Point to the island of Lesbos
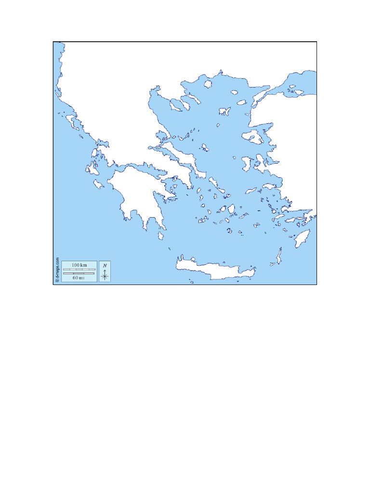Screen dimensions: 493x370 pyautogui.click(x=252, y=137)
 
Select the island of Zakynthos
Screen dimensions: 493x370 pyautogui.click(x=99, y=184)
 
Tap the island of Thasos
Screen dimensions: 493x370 pyautogui.click(x=208, y=84)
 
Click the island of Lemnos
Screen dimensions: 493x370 pyautogui.click(x=225, y=111)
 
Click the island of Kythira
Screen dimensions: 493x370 pyautogui.click(x=161, y=235)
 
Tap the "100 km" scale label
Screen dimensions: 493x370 pyautogui.click(x=79, y=265)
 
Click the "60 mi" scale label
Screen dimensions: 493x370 pyautogui.click(x=79, y=278)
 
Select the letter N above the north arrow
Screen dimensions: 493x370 pyautogui.click(x=105, y=265)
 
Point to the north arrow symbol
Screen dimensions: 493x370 pyautogui.click(x=105, y=275)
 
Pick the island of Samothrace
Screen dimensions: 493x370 pyautogui.click(x=241, y=102)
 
